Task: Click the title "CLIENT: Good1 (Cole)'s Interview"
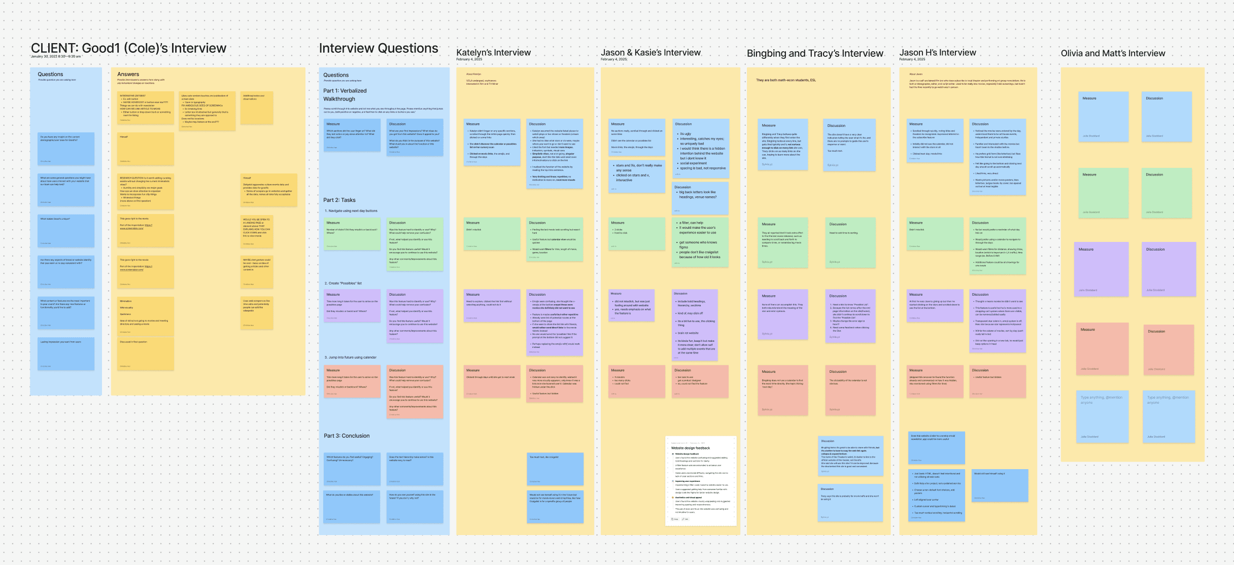pyautogui.click(x=128, y=48)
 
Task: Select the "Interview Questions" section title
pyautogui.click(x=378, y=48)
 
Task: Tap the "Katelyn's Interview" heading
pyautogui.click(x=493, y=52)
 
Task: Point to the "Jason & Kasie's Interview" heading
pyautogui.click(x=650, y=52)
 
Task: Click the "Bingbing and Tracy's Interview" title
pyautogui.click(x=815, y=53)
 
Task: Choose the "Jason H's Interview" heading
pyautogui.click(x=937, y=52)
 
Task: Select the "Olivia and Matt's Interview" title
pyautogui.click(x=1113, y=53)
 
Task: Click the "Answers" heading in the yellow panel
pyautogui.click(x=128, y=74)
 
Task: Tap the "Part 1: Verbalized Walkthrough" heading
pyautogui.click(x=345, y=95)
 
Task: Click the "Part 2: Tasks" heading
pyautogui.click(x=339, y=200)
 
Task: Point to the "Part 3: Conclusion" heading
pyautogui.click(x=347, y=436)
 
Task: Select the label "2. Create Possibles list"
pyautogui.click(x=343, y=283)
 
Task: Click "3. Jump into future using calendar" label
pyautogui.click(x=351, y=357)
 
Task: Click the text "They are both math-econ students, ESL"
pyautogui.click(x=785, y=80)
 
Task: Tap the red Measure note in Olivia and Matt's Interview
pyautogui.click(x=1102, y=348)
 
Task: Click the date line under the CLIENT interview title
pyautogui.click(x=55, y=57)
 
